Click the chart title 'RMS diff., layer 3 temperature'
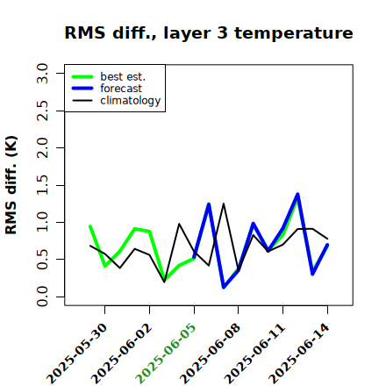[209, 32]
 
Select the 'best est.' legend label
[123, 76]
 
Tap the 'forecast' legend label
[121, 89]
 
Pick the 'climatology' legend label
[131, 101]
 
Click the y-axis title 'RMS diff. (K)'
[11, 185]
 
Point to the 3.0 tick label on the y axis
[42, 73]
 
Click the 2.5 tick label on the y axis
[42, 111]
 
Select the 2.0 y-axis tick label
[42, 147]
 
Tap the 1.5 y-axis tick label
[42, 185]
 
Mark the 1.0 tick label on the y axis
[42, 222]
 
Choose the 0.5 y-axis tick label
[42, 260]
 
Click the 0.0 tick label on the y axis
[42, 297]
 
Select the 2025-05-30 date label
[77, 354]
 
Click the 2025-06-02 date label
[122, 354]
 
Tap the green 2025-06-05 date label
[166, 354]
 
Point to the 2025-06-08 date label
[211, 354]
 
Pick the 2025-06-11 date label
[254, 354]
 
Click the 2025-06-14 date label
[299, 354]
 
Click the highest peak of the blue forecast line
[297, 194]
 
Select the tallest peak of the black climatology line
[224, 204]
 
